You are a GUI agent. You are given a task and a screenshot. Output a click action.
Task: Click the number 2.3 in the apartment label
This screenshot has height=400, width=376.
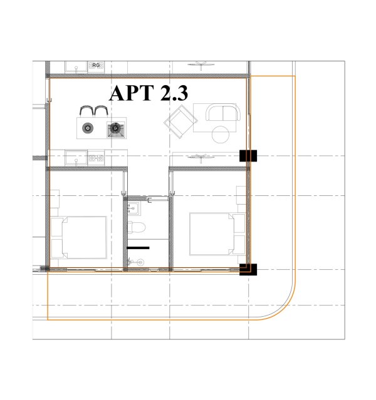click(174, 93)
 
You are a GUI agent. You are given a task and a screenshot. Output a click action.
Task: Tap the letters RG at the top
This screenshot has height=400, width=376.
click(96, 65)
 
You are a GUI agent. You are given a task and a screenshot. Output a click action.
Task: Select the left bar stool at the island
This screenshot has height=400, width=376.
click(86, 111)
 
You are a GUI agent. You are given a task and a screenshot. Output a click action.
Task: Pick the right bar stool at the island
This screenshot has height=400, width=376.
click(101, 111)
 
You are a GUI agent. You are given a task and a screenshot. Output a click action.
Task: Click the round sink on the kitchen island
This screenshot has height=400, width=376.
click(88, 128)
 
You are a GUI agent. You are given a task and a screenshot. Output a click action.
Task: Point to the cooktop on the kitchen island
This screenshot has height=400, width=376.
click(116, 130)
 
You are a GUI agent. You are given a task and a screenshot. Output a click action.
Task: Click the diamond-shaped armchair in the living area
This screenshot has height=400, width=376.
click(180, 121)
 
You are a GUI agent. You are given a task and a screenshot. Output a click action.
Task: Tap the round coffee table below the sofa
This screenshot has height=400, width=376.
click(221, 135)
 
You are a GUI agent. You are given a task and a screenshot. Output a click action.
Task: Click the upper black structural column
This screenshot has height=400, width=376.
click(248, 156)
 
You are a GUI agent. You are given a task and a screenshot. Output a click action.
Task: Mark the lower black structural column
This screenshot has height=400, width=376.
click(248, 269)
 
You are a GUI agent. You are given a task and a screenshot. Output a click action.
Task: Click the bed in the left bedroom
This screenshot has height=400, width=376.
click(81, 237)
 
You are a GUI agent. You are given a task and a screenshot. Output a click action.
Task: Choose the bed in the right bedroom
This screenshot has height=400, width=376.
click(217, 234)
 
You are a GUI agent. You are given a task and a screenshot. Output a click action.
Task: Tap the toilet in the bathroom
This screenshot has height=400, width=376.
click(137, 227)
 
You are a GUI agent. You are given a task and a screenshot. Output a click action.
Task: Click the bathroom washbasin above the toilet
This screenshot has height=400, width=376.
click(133, 208)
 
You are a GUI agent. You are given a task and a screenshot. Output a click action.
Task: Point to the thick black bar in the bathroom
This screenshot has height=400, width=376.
click(138, 248)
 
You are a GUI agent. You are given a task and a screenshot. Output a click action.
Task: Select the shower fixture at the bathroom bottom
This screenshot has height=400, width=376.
click(135, 262)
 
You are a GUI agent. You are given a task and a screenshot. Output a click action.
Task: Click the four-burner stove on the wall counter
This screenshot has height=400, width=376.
click(96, 158)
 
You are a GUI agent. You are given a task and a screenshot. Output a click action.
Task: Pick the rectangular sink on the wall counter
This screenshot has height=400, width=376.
click(76, 158)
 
